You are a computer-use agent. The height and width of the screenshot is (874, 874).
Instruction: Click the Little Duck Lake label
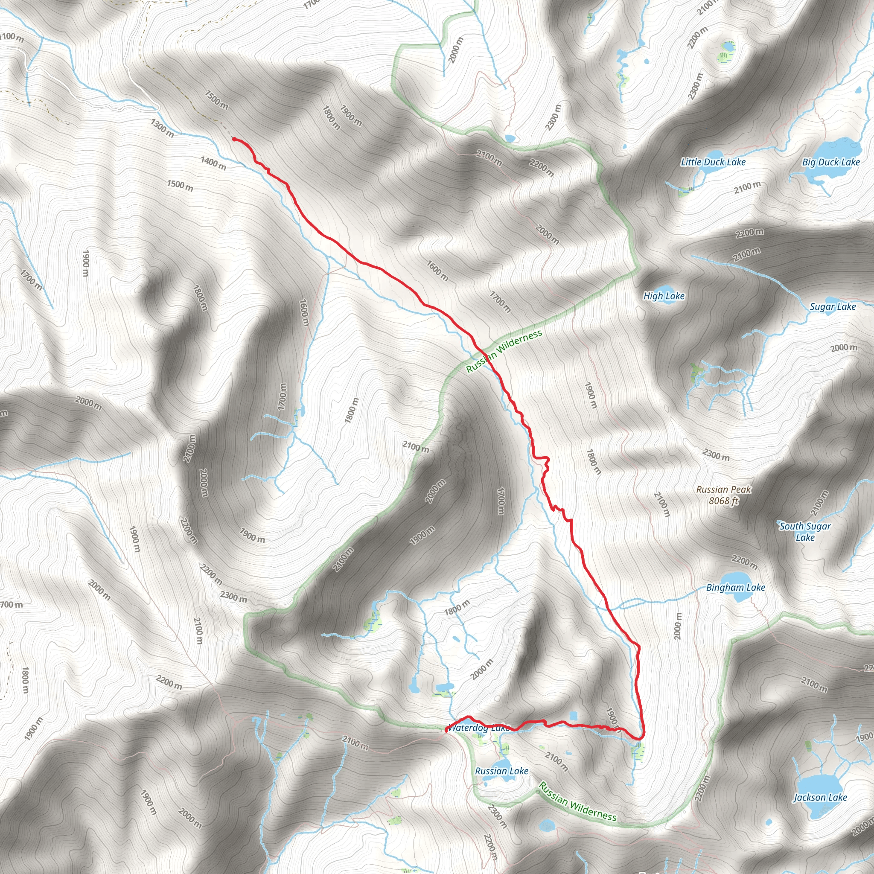[713, 162]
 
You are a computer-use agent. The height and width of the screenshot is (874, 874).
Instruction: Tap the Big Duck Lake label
[831, 162]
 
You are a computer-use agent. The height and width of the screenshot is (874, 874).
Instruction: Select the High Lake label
[664, 296]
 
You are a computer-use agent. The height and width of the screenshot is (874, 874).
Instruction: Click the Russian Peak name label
[724, 489]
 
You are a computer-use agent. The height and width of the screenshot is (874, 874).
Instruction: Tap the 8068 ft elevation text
[723, 501]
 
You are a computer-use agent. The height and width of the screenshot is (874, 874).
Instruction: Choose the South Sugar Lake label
[805, 532]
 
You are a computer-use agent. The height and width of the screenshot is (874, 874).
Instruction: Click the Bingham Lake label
[736, 588]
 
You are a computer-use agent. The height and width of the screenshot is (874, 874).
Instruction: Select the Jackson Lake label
[820, 798]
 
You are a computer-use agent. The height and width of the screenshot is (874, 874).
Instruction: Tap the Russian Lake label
[501, 771]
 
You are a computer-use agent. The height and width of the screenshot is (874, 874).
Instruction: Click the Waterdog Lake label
[479, 728]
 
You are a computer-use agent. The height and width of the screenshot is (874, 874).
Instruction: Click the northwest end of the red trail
[234, 139]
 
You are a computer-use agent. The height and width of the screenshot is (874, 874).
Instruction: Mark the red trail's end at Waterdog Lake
[446, 731]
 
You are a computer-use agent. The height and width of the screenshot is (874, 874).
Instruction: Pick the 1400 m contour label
[213, 163]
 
